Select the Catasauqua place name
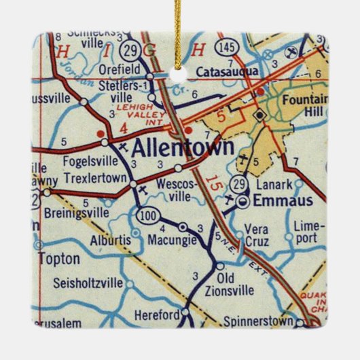(x=225, y=71)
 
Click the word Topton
(x=58, y=259)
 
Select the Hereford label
(x=156, y=314)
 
